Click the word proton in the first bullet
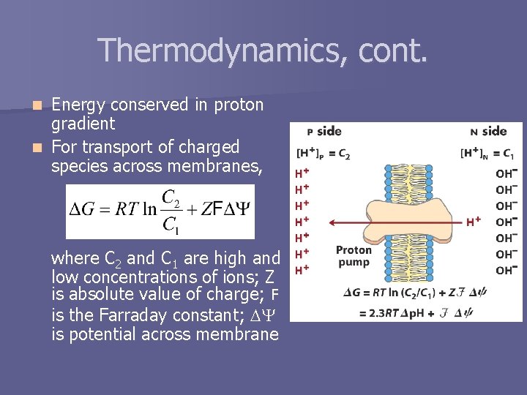(x=239, y=105)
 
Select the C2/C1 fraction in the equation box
(x=171, y=211)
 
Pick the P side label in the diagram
(x=324, y=132)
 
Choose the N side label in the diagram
(x=488, y=132)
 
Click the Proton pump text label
(x=354, y=255)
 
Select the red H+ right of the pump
(x=474, y=221)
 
